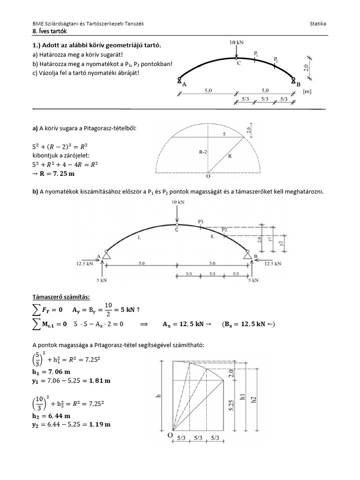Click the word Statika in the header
(x=319, y=23)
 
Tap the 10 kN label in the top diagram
(x=237, y=42)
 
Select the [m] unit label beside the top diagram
(x=307, y=92)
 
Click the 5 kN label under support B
(x=253, y=280)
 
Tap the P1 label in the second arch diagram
(x=201, y=221)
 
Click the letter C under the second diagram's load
(x=177, y=230)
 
